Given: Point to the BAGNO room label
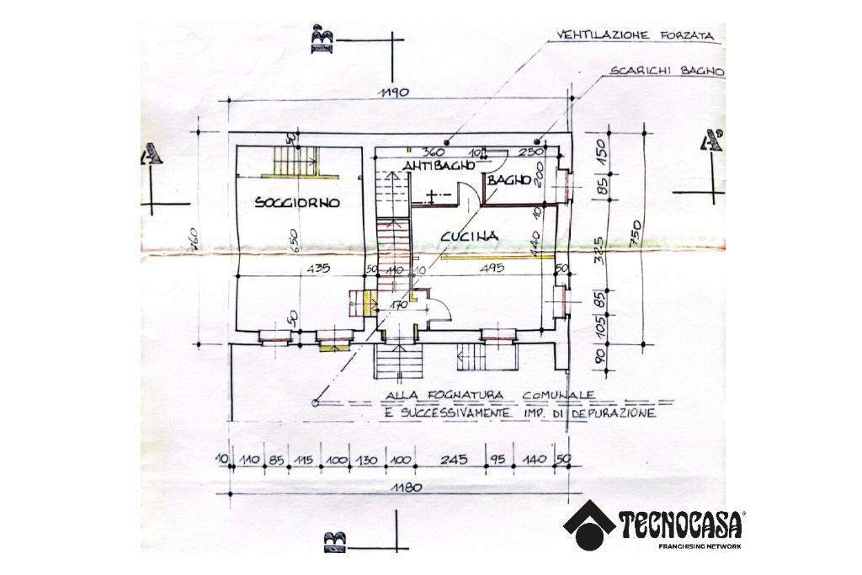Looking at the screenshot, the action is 509,179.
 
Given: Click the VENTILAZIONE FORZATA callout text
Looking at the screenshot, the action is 630,36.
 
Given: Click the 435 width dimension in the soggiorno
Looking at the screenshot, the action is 317,269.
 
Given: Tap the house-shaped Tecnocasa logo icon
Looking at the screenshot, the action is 589,524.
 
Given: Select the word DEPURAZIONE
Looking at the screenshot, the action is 614,414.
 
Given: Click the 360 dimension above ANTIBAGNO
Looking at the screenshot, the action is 434,152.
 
